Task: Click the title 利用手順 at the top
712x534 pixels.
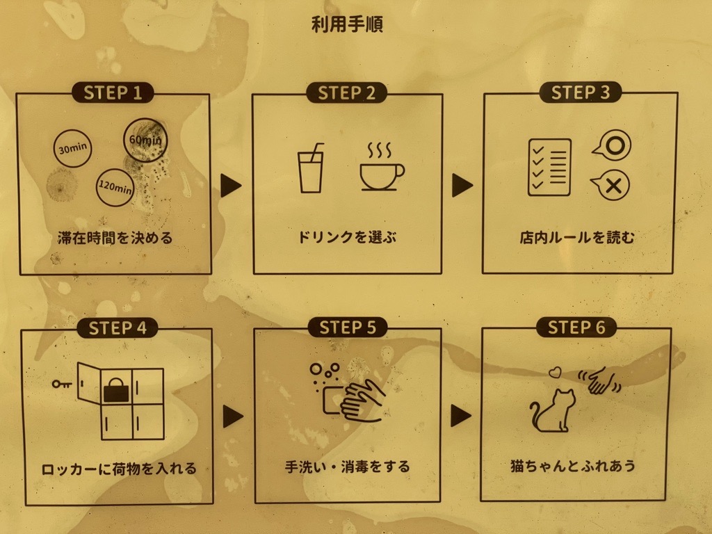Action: coord(348,24)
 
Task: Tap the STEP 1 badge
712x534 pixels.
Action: coord(113,93)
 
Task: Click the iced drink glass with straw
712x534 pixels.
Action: coord(311,168)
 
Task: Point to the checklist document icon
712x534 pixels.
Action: coord(549,168)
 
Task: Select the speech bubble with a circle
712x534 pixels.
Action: coord(613,146)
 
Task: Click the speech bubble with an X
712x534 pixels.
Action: coord(611,185)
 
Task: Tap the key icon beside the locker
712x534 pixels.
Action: coord(62,384)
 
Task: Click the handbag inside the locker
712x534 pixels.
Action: coord(116,391)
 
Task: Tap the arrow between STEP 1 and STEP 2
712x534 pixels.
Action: coord(231,185)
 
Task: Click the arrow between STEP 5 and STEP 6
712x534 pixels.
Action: coord(460,416)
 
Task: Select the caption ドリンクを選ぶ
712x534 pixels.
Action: coord(347,237)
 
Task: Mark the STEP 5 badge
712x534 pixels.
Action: coord(348,327)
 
